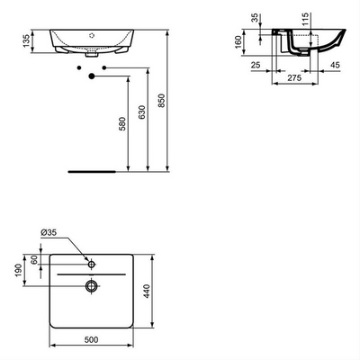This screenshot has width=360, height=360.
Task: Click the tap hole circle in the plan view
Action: click(x=92, y=265)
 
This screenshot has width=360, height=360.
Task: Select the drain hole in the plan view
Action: click(x=92, y=286)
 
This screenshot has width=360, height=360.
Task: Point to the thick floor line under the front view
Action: click(x=94, y=169)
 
